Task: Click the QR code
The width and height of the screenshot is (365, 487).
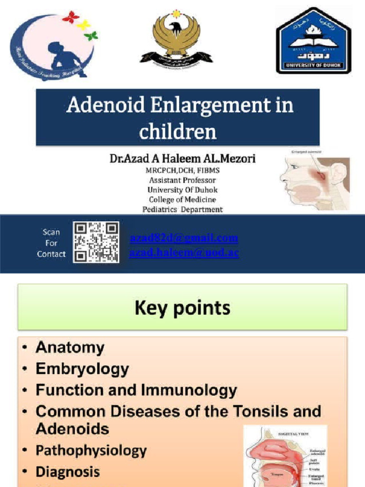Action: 96,243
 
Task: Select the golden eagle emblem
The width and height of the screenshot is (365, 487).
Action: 176,38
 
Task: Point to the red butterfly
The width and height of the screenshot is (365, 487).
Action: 70,17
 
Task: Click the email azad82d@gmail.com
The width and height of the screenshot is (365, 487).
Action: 183,238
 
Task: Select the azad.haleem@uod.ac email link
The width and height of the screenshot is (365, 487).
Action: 184,253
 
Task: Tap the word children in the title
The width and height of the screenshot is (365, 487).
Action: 178,131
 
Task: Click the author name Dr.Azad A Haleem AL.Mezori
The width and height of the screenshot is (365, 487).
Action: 182,159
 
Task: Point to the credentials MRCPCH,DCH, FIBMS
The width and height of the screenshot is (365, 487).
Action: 182,171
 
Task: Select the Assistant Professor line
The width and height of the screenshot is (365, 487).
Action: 182,180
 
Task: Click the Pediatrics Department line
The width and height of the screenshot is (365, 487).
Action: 182,209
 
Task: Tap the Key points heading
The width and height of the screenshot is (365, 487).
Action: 182,308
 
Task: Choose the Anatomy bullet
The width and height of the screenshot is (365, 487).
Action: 69,348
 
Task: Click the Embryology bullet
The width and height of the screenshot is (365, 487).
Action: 82,369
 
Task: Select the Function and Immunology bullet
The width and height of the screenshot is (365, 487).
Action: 136,390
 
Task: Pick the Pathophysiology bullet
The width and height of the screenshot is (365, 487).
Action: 91,450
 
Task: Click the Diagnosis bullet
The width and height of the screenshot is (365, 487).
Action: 67,472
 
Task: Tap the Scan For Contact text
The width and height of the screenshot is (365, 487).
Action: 51,243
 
